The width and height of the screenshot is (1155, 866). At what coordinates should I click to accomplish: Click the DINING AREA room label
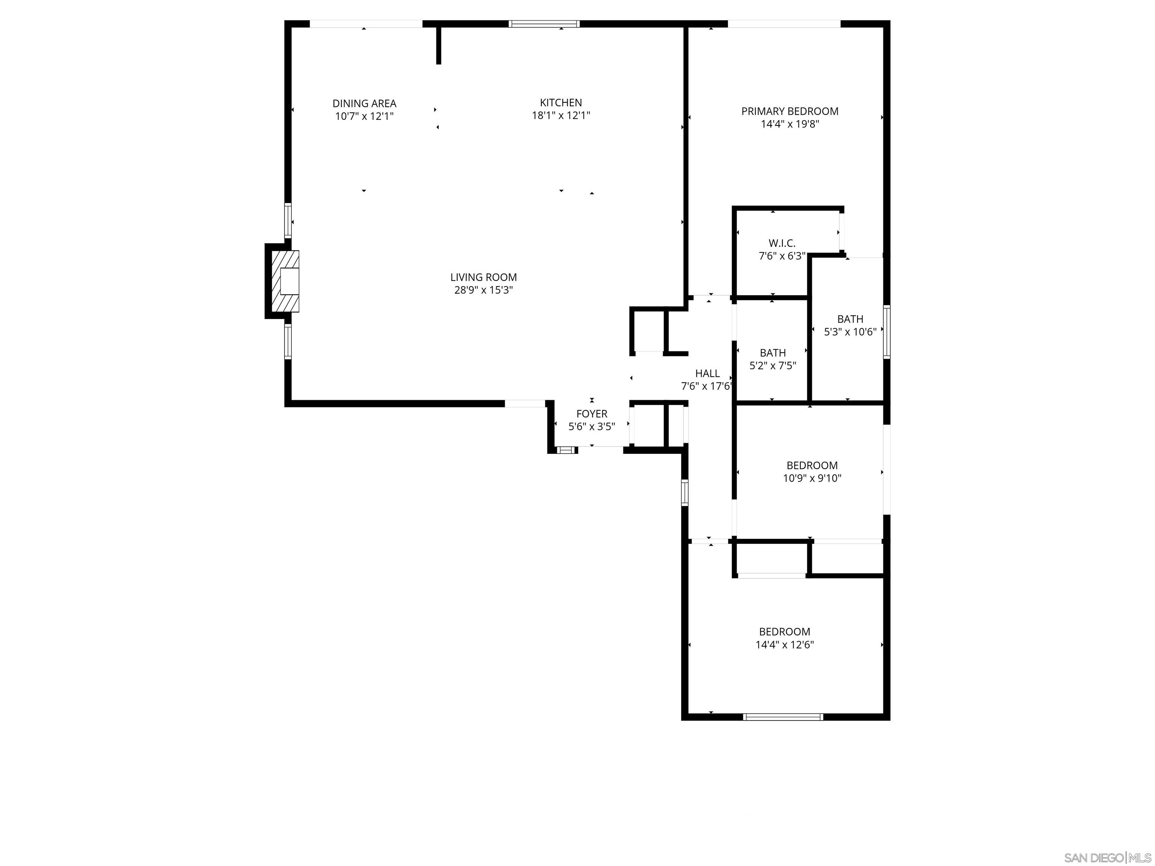pyautogui.click(x=364, y=103)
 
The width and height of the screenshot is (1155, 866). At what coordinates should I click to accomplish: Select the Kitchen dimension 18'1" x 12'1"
pyautogui.click(x=561, y=115)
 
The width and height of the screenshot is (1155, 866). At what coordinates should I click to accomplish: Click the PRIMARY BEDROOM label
pyautogui.click(x=790, y=111)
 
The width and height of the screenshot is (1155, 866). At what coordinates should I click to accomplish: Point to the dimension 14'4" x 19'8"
pyautogui.click(x=790, y=124)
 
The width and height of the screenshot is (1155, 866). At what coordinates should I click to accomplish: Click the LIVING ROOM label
pyautogui.click(x=484, y=277)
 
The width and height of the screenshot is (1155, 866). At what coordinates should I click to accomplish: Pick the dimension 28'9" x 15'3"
pyautogui.click(x=484, y=290)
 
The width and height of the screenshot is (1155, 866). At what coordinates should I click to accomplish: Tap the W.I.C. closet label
pyautogui.click(x=782, y=243)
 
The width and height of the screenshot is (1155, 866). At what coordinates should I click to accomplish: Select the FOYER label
pyautogui.click(x=591, y=414)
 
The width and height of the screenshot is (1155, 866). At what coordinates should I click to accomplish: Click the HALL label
pyautogui.click(x=708, y=373)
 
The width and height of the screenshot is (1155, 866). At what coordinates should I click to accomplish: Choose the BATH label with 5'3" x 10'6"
pyautogui.click(x=850, y=319)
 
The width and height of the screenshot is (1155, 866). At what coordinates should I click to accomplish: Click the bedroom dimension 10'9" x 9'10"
pyautogui.click(x=812, y=478)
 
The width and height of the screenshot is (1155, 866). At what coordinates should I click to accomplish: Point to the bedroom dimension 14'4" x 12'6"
pyautogui.click(x=784, y=645)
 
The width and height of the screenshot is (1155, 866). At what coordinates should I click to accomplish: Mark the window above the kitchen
pyautogui.click(x=544, y=23)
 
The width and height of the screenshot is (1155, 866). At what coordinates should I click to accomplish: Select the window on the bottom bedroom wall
pyautogui.click(x=783, y=717)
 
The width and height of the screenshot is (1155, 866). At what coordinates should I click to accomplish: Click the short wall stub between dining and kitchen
pyautogui.click(x=439, y=45)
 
